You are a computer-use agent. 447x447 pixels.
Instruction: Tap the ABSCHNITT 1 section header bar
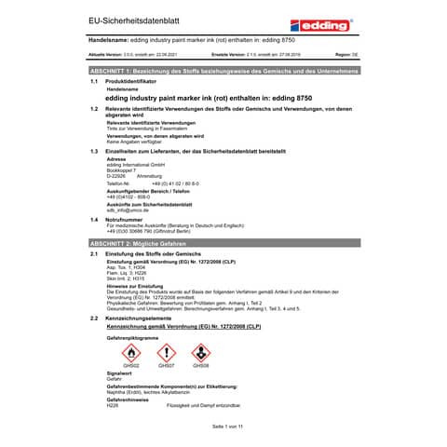(x=223, y=71)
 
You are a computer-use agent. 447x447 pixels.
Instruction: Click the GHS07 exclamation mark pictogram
(x=166, y=352)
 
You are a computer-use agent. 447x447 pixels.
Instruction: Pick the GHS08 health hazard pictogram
(x=200, y=352)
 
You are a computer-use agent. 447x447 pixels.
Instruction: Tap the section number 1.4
(x=94, y=219)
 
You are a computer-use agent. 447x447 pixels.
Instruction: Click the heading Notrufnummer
(x=127, y=219)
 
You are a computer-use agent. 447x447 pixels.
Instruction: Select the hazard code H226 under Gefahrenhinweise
(x=113, y=406)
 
